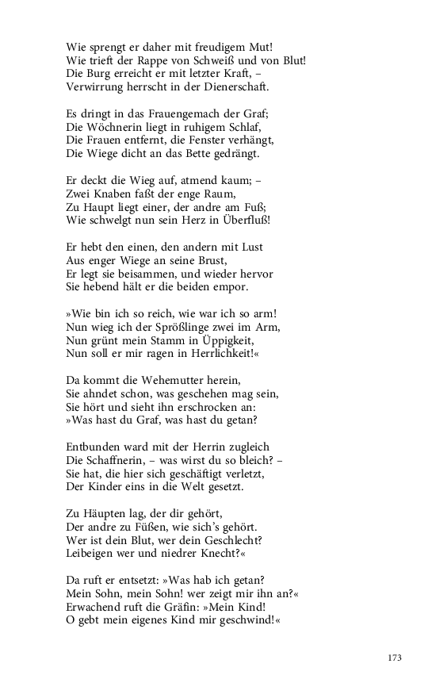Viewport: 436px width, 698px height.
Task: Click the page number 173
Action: [395, 658]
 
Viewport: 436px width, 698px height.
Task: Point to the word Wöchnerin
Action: [115, 127]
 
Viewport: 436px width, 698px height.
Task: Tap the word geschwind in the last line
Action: [246, 620]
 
